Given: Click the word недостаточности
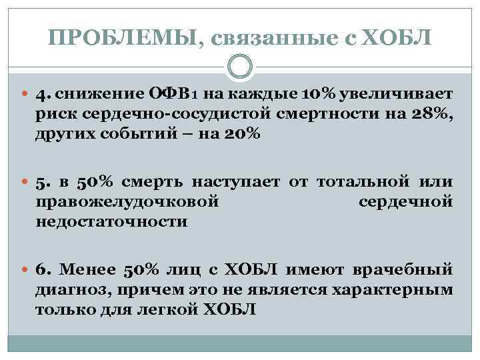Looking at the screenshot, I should tap(112, 221).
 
